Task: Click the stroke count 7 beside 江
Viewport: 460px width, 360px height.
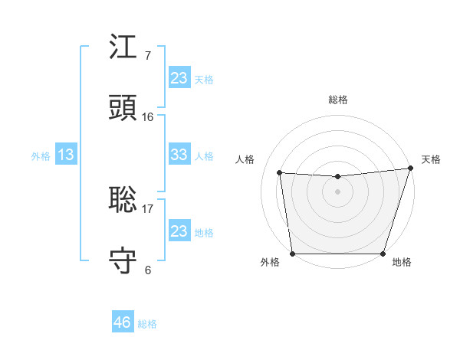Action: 147,56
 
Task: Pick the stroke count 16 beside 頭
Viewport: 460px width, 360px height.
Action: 147,117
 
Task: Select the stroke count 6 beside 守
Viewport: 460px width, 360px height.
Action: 147,270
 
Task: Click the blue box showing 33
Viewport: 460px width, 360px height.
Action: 179,155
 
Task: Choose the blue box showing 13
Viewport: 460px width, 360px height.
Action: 66,155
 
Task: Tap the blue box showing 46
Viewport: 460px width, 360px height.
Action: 122,322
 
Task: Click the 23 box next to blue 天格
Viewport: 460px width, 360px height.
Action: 179,77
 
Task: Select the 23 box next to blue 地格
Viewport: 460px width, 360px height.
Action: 179,231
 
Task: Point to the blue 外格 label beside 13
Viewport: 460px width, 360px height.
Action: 41,156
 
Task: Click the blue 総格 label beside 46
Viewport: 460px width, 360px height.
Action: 147,324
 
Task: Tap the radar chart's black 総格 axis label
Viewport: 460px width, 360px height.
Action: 337,100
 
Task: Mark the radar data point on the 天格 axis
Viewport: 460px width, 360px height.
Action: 410,169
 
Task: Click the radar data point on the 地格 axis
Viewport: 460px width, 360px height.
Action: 383,254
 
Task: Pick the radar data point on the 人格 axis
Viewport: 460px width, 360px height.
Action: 280,173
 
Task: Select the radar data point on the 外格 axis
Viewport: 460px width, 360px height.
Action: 292,254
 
